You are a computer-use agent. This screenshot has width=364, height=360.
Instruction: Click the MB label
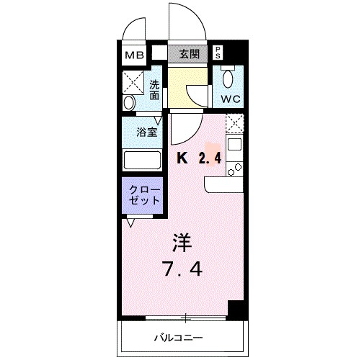[135, 53]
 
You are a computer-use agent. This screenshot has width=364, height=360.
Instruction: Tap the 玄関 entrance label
[189, 53]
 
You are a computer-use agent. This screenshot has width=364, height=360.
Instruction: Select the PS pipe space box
[218, 52]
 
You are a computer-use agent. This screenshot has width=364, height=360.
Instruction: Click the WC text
[231, 98]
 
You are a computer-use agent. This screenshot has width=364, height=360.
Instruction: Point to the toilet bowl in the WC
[229, 78]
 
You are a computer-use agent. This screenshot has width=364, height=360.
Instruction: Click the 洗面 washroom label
[154, 89]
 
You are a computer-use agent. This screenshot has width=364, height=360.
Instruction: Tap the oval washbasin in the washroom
[129, 103]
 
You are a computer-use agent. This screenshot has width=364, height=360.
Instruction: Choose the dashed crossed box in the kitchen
[234, 124]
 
